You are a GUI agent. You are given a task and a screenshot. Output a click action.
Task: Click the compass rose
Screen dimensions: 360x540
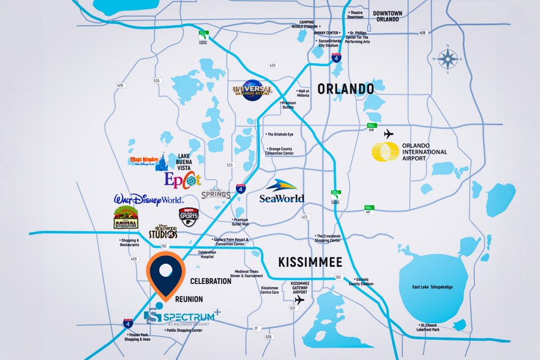click(x=448, y=59)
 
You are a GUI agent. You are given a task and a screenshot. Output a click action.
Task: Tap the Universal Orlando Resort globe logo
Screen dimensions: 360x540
click(x=252, y=91)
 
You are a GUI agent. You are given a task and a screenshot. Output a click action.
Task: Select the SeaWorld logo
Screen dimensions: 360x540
click(x=282, y=191)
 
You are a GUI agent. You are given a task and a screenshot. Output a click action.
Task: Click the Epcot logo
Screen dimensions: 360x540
click(x=182, y=179)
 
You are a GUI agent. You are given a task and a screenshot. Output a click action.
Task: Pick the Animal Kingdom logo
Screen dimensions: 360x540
click(x=126, y=218)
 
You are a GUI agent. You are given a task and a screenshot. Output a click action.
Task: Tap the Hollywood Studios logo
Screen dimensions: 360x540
click(x=163, y=231)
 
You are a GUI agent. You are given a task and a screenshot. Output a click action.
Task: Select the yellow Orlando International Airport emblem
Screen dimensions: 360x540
click(x=385, y=152)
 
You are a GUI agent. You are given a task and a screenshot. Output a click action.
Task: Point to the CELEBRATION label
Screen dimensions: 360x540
click(x=211, y=281)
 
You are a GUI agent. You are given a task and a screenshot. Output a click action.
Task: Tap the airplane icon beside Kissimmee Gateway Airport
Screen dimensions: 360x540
click(x=299, y=300)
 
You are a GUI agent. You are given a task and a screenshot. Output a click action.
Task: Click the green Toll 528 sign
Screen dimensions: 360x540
click(x=371, y=127)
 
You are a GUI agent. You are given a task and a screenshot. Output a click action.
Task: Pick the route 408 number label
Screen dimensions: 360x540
click(x=421, y=33)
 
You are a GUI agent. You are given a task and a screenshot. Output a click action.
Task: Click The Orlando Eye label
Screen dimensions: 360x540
click(x=280, y=134)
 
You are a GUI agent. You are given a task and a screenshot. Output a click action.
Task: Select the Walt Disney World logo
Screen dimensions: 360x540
click(x=149, y=200)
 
